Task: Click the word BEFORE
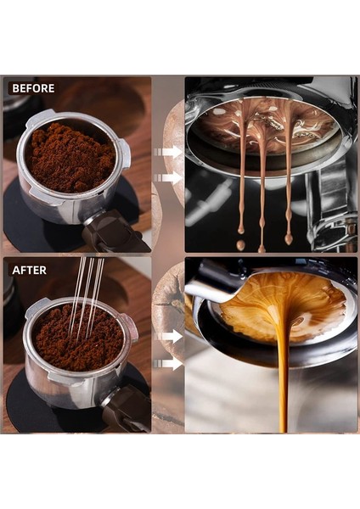tap(33, 88)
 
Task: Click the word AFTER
tap(29, 271)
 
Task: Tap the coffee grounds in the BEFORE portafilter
tap(69, 157)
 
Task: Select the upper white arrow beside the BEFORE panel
tap(170, 151)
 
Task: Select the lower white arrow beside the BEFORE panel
tap(170, 178)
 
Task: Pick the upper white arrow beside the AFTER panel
tap(170, 337)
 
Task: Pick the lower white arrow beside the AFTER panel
tap(170, 363)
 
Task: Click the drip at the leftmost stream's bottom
tap(240, 245)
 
